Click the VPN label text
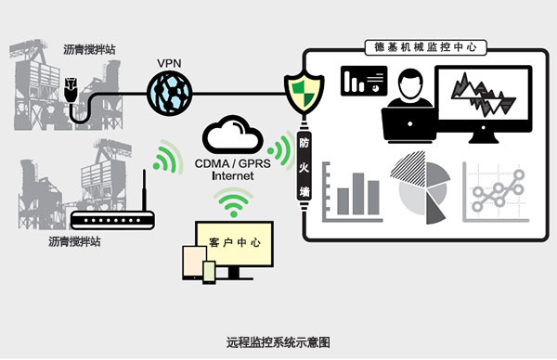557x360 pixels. click(x=169, y=63)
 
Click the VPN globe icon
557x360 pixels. click(x=170, y=94)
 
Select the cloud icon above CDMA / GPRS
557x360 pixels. click(x=233, y=135)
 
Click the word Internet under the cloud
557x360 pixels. click(x=233, y=175)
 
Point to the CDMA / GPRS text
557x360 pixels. click(x=233, y=163)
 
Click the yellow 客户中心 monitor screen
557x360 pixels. click(x=235, y=243)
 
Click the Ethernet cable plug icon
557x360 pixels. click(x=71, y=89)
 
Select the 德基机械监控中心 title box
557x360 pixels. click(x=425, y=47)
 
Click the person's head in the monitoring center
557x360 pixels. click(x=410, y=84)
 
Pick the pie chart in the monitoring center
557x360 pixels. click(x=421, y=187)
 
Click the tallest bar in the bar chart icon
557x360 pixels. click(x=358, y=194)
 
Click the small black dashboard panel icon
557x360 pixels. click(x=364, y=81)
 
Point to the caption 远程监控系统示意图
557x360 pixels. click(x=278, y=342)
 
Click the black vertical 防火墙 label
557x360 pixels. click(x=304, y=167)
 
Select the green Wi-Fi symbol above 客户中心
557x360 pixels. click(x=233, y=202)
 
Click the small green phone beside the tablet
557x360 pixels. click(x=209, y=273)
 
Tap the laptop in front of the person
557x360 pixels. click(x=409, y=124)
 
